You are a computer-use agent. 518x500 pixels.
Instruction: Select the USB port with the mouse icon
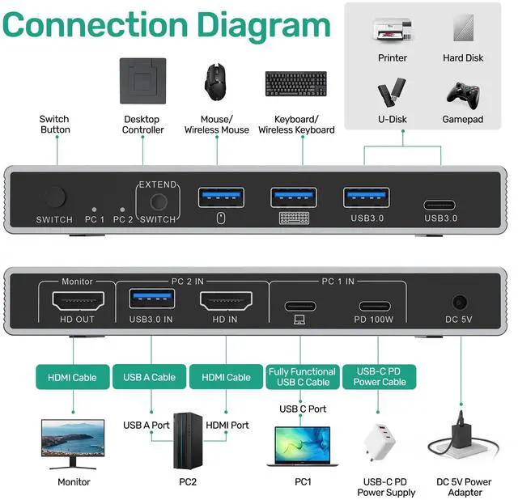click(221, 197)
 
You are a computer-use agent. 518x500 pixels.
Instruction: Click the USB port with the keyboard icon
click(294, 197)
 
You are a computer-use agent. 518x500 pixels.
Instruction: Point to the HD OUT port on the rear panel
click(79, 303)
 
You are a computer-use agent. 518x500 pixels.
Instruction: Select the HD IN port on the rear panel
click(226, 303)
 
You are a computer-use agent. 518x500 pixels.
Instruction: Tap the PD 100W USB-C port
click(374, 306)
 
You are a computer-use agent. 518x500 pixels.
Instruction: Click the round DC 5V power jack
click(460, 303)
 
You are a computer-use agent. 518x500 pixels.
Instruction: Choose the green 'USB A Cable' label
click(149, 377)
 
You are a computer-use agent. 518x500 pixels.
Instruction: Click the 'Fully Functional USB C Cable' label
click(299, 377)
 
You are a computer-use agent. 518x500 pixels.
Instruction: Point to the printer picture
click(392, 31)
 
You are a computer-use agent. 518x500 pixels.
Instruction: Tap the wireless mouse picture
click(217, 79)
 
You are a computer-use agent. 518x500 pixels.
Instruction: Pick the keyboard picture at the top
click(295, 83)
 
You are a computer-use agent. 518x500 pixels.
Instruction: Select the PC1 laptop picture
click(303, 446)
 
